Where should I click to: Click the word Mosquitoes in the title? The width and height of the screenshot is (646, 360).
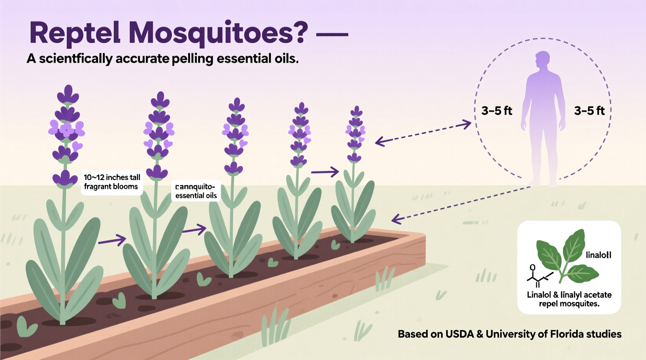tap(218, 33)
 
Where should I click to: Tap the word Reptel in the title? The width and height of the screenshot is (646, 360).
tap(75, 33)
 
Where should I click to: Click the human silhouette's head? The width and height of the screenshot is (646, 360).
tap(542, 61)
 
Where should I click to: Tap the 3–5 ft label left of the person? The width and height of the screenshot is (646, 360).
tap(497, 111)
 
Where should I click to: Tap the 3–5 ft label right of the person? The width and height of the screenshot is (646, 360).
tap(589, 111)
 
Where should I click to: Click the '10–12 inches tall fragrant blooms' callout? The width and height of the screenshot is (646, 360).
tap(112, 182)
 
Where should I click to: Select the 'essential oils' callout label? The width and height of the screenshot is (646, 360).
tap(196, 191)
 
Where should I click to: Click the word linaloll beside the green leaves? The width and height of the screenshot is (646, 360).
tap(598, 255)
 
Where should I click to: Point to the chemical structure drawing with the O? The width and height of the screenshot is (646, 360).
tap(538, 276)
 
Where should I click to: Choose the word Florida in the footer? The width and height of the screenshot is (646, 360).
tap(565, 334)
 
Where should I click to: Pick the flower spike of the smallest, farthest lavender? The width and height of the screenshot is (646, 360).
tap(355, 134)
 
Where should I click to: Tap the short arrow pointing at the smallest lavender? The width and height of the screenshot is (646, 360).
tap(325, 171)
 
